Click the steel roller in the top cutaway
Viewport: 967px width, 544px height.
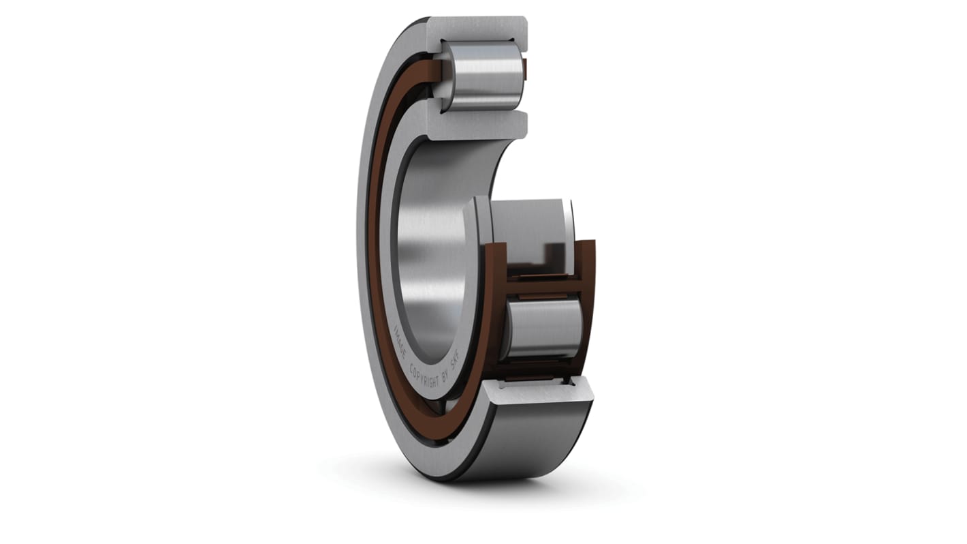482,75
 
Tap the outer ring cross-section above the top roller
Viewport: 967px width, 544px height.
477,29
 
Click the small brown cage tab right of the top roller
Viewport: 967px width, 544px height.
524,67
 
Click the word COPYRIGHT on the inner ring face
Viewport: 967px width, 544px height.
426,374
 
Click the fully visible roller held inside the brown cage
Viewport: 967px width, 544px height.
541,329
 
